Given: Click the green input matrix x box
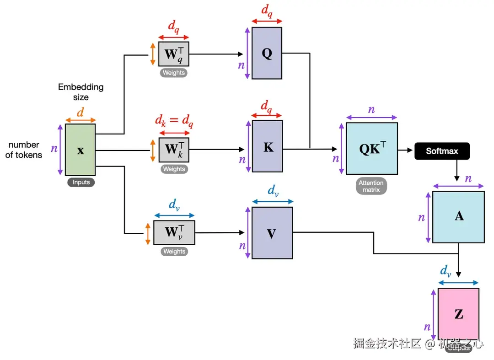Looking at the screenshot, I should click(x=80, y=150).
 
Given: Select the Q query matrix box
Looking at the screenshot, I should click(x=267, y=53).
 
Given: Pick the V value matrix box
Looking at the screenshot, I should click(x=272, y=233).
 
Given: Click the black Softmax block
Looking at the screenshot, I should click(x=442, y=151).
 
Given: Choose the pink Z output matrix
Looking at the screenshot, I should click(x=458, y=314).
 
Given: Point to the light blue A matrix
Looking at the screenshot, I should click(x=458, y=216).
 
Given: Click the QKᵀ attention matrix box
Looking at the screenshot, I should click(x=371, y=149).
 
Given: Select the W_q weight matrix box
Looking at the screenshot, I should click(x=173, y=54).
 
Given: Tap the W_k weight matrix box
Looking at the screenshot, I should click(x=174, y=150).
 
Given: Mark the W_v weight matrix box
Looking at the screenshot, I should click(x=174, y=232).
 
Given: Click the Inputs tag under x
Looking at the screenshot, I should click(x=81, y=182).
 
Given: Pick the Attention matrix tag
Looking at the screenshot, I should click(x=371, y=186).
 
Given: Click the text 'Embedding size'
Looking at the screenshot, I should click(x=81, y=92).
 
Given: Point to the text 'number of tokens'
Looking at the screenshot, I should click(x=24, y=150).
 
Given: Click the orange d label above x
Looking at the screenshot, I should click(x=80, y=112).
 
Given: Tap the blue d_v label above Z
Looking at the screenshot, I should click(x=446, y=271).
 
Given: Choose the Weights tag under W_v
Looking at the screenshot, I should click(x=174, y=252).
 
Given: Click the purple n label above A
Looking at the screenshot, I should click(x=468, y=178).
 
